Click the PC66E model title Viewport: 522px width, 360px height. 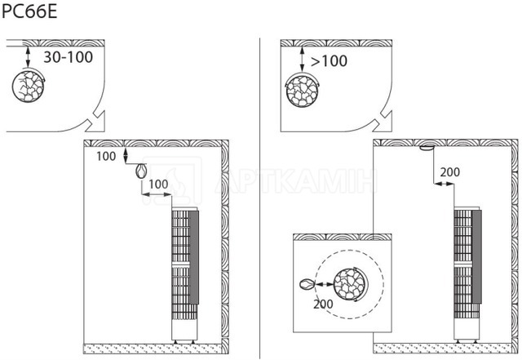tap(29, 11)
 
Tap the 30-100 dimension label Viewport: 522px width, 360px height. tap(69, 57)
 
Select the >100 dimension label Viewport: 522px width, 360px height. tap(329, 60)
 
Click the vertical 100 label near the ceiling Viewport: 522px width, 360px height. tap(106, 156)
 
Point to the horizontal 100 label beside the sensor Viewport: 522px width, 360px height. tap(158, 184)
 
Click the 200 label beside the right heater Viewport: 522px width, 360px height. tap(449, 172)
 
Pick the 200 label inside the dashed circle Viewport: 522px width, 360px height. tap(323, 304)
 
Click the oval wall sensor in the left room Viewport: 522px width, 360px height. tap(141, 171)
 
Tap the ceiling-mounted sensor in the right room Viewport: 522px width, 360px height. tap(427, 149)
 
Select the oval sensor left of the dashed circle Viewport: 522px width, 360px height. tap(307, 284)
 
